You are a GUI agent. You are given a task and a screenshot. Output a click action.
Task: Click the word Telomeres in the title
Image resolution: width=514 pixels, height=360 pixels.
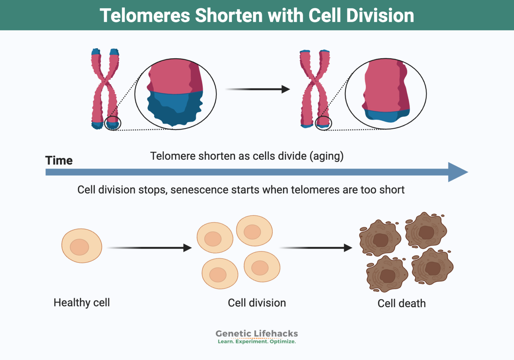pos(145,15)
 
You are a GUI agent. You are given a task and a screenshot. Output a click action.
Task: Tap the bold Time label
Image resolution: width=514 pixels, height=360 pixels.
pos(59,160)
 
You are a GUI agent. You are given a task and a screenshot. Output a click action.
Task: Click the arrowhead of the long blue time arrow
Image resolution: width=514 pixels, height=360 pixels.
pos(457,172)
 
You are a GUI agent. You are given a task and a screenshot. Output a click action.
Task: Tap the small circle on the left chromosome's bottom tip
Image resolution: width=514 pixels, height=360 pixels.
pos(112,124)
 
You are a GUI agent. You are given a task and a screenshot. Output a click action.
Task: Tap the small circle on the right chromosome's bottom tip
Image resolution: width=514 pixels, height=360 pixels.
pos(323,124)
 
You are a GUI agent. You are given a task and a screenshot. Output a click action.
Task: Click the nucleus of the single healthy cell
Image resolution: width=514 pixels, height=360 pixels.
pos(79,247)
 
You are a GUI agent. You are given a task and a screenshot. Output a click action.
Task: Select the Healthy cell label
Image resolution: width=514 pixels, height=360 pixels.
pos(82,302)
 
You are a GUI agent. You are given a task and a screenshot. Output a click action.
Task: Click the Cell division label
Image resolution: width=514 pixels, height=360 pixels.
pos(257,303)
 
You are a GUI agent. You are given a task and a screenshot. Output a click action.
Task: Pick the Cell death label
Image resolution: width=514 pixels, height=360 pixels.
pos(402,303)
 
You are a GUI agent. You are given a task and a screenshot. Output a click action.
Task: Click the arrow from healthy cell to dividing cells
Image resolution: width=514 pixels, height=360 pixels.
pos(149,248)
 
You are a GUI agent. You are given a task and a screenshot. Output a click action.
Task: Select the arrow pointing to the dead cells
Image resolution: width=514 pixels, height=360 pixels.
pos(316,248)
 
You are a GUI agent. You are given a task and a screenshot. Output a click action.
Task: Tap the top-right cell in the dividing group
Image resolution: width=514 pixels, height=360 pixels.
pos(254,231)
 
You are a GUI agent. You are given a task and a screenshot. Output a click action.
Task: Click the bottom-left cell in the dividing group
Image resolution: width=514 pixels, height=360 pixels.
pos(220,274)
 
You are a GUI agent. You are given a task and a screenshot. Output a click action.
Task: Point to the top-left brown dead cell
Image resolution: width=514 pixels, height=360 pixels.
pos(380,238)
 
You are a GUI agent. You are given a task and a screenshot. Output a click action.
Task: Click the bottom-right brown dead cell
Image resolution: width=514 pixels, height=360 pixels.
pos(432,267)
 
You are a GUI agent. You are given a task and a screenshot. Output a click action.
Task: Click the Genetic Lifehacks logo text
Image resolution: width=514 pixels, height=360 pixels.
pos(257,334)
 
